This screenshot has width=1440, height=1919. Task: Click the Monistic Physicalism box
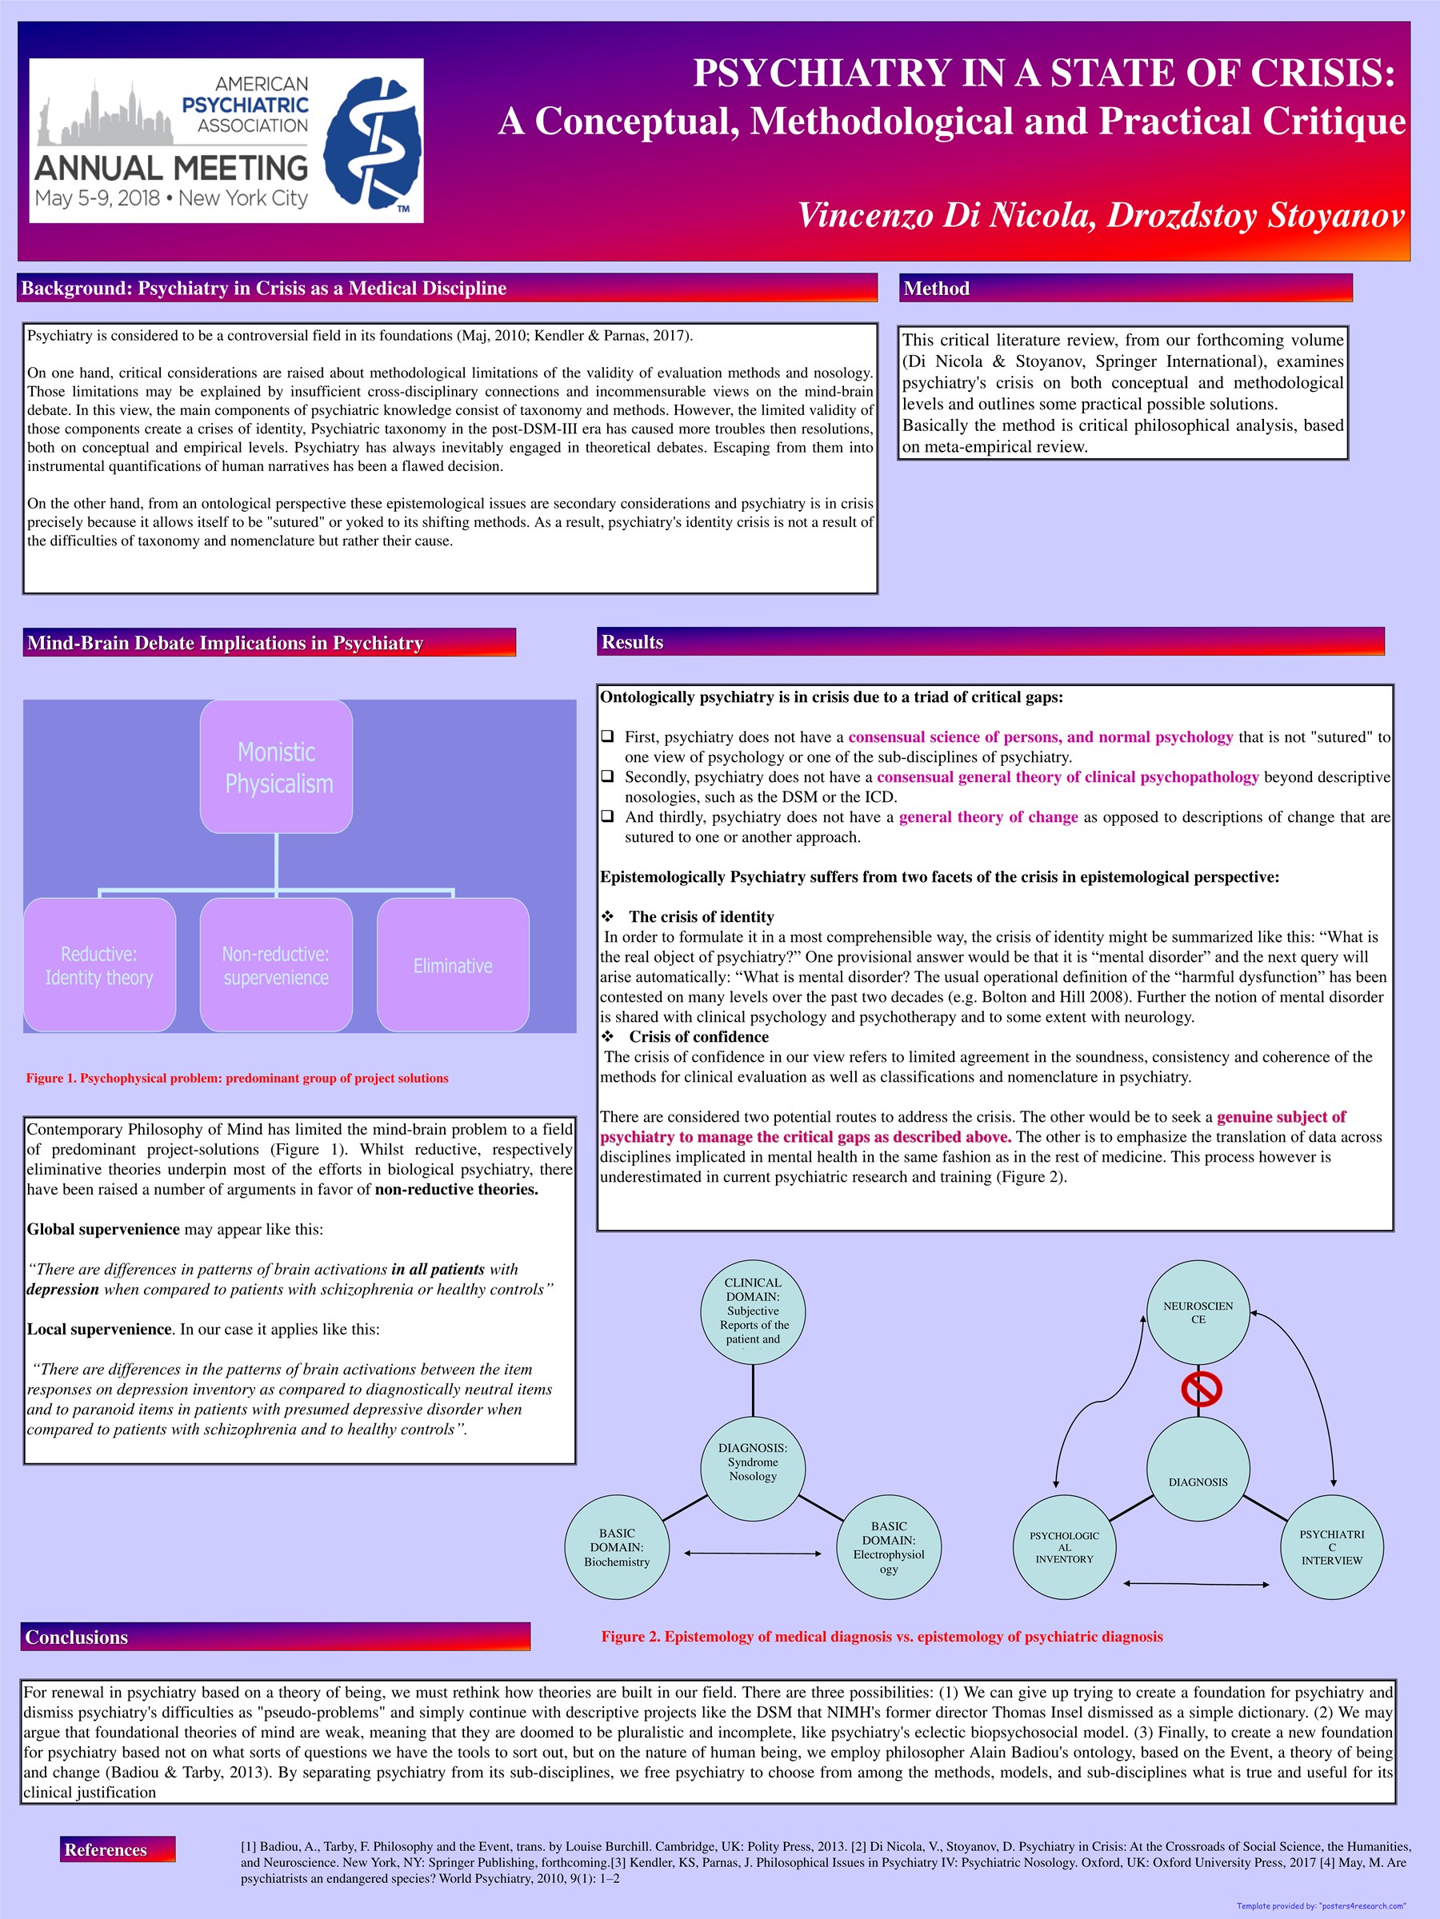coord(276,767)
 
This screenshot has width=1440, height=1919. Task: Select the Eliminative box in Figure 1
coord(452,965)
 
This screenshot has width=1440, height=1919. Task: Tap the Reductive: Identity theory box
coord(99,965)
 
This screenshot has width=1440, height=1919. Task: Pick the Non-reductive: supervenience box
coord(276,965)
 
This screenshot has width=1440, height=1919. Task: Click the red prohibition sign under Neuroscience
coord(1202,1388)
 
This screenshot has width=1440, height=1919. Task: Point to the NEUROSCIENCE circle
coord(1198,1312)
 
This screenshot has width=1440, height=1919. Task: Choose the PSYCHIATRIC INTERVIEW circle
coord(1331,1547)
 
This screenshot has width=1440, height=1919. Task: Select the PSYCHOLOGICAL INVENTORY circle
coord(1064,1547)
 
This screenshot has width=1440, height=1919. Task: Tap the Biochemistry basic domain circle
coord(616,1547)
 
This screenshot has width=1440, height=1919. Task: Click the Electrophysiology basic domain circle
coord(888,1547)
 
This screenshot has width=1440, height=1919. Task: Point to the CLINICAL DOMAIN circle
coord(753,1312)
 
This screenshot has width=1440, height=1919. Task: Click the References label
coord(106,1849)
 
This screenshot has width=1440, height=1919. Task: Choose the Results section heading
coord(632,642)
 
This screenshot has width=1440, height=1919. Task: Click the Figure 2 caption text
coord(882,1636)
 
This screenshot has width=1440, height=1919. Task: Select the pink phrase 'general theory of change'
coord(988,816)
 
